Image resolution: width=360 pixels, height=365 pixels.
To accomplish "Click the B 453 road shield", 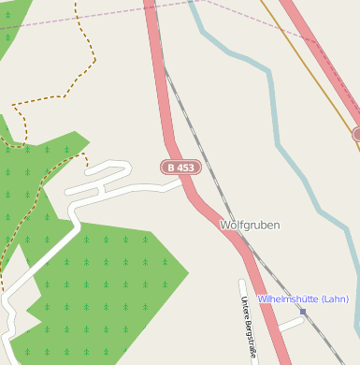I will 180,168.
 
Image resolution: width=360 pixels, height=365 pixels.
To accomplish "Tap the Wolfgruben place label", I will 250,226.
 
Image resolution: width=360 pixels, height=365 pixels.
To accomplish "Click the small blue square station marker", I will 302,311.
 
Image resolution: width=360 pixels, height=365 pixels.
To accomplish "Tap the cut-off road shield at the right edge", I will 356,135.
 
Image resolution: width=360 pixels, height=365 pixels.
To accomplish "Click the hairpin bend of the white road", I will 122,168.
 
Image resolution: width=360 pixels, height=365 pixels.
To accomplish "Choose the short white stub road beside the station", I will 289,323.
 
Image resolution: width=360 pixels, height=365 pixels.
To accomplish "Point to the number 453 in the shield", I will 186,168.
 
